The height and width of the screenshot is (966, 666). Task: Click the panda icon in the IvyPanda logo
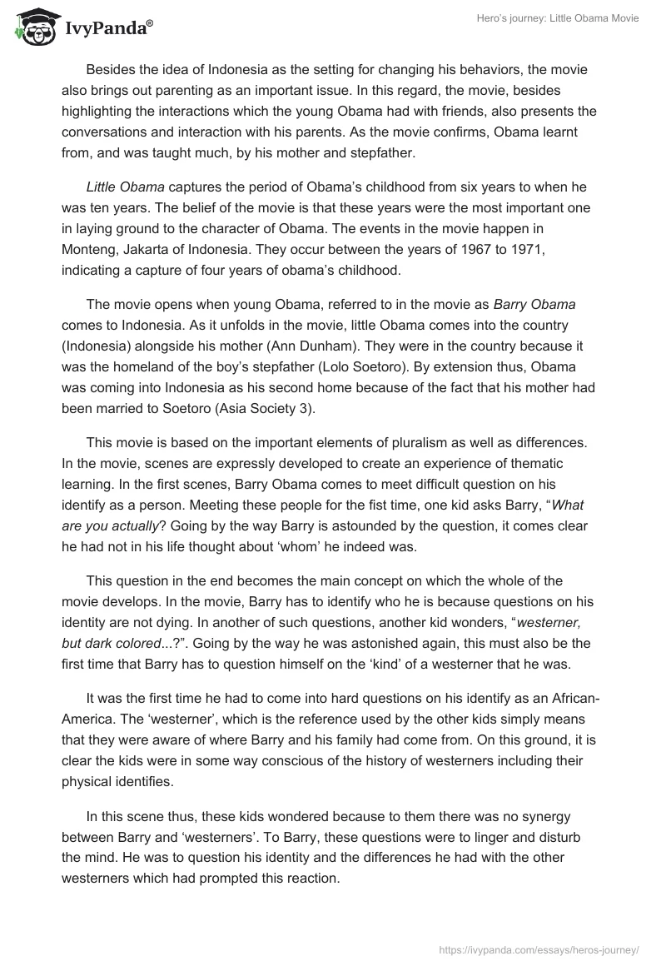pyautogui.click(x=33, y=27)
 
